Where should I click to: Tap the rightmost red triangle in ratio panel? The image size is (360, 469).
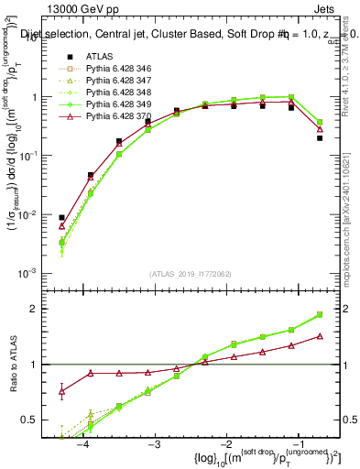(320, 336)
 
